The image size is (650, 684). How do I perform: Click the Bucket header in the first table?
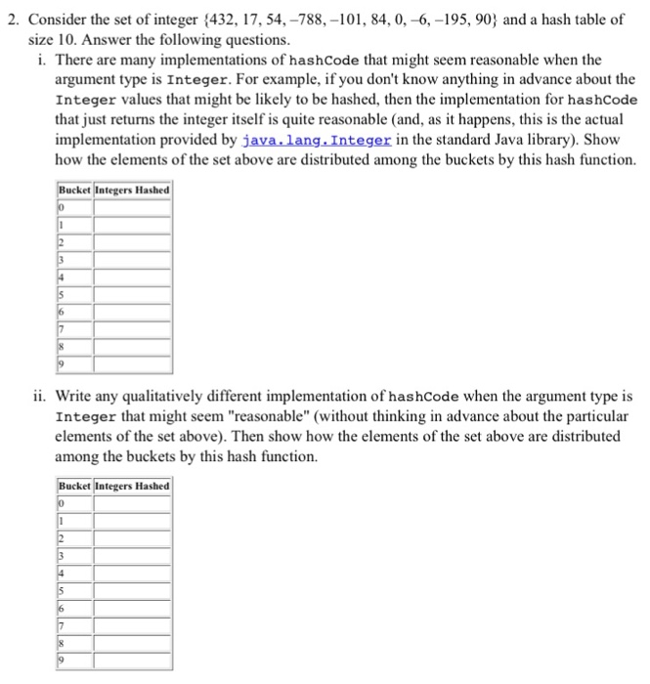pyautogui.click(x=74, y=190)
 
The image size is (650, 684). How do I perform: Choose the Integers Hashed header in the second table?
pyautogui.click(x=132, y=486)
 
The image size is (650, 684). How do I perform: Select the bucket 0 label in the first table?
pyautogui.click(x=61, y=207)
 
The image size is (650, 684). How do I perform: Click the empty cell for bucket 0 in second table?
pyautogui.click(x=132, y=503)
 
